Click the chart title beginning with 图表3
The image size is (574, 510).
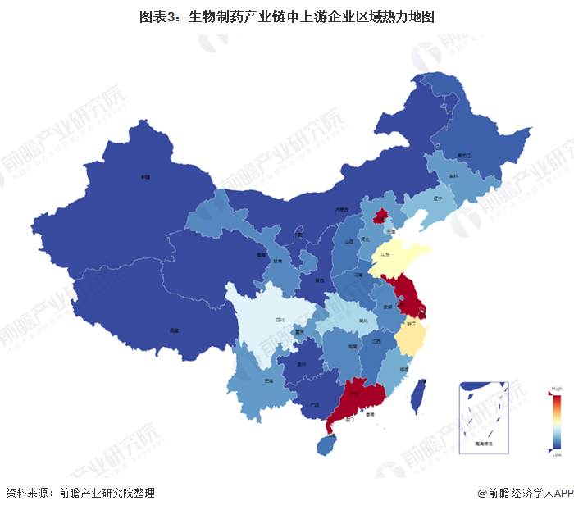pyautogui.click(x=287, y=16)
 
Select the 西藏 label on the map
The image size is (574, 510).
pyautogui.click(x=174, y=330)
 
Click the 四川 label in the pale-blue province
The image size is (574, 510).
pyautogui.click(x=279, y=320)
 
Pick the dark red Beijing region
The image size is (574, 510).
pyautogui.click(x=380, y=217)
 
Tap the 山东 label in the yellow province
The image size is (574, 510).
pyautogui.click(x=385, y=256)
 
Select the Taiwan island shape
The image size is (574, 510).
pyautogui.click(x=417, y=395)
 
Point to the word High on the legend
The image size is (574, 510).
pyautogui.click(x=557, y=388)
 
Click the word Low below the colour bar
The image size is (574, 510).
pyautogui.click(x=557, y=453)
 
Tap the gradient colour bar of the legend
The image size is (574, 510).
pyautogui.click(x=558, y=421)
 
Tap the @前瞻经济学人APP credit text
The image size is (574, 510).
pyautogui.click(x=525, y=493)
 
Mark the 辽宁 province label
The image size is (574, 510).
pyautogui.click(x=437, y=198)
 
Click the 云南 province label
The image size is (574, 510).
pyautogui.click(x=268, y=382)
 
